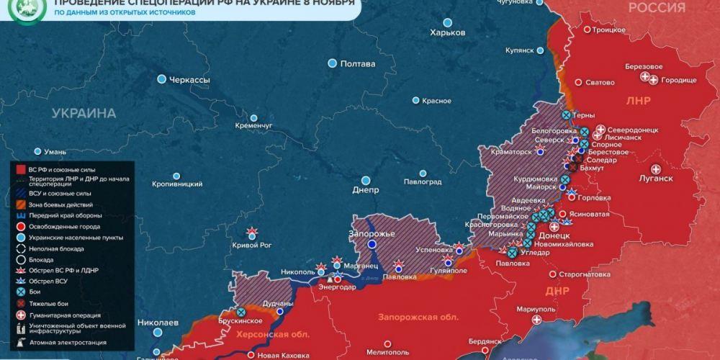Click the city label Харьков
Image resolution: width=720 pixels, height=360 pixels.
coord(447,33)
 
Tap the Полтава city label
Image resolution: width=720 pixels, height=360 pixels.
coord(357,64)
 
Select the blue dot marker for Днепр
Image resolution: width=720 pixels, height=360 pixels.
coord(366,180)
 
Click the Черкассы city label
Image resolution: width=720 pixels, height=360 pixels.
coord(189,80)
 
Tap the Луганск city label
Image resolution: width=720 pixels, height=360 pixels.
coord(655,179)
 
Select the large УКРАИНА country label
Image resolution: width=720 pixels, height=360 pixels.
coord(84,114)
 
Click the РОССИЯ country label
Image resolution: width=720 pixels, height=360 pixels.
coord(657,8)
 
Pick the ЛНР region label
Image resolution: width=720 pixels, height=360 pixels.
coord(638,101)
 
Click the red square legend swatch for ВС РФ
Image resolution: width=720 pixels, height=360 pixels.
coord(22,168)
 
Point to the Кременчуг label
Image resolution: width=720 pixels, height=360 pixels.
coord(253,125)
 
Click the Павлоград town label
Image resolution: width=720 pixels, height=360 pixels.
coord(422,181)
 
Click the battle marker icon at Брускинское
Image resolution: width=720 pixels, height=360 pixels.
coord(240,312)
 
